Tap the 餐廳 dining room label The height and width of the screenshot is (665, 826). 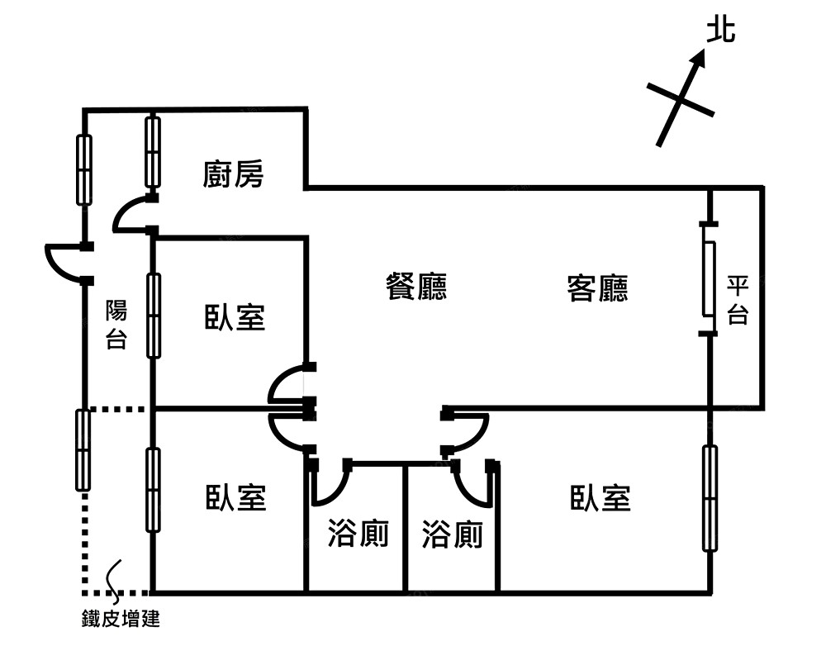pos(417,287)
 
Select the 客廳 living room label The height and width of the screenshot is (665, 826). pos(597,288)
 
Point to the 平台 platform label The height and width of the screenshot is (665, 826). pos(737,300)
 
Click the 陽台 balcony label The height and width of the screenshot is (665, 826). pos(116,325)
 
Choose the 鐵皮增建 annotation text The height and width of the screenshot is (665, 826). pos(121,619)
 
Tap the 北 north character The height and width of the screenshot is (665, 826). pos(720,32)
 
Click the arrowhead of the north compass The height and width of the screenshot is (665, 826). pos(700,57)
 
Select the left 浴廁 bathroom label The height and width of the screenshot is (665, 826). pos(358,535)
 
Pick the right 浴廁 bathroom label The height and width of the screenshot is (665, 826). pos(452,535)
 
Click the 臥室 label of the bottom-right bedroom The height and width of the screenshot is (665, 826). pos(601,498)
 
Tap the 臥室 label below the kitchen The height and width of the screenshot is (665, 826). pos(235,317)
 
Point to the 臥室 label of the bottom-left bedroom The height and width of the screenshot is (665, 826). pos(235,498)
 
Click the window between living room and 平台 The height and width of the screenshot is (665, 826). pos(709,278)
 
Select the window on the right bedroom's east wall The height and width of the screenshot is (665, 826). pos(710,498)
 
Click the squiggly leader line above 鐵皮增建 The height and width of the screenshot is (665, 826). pos(115,574)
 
